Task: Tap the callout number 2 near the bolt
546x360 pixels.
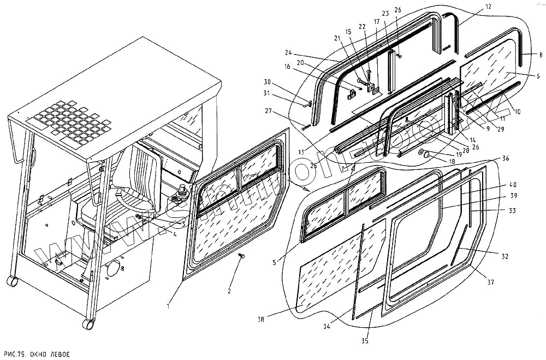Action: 229,291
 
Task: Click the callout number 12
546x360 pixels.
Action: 488,7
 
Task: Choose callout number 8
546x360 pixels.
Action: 540,55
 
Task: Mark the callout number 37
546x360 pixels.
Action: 490,282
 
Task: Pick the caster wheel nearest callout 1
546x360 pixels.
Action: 87,324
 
